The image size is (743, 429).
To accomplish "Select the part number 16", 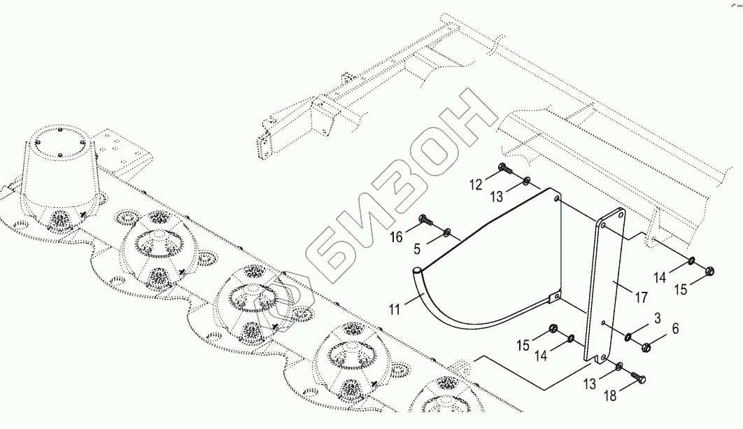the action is (396, 237).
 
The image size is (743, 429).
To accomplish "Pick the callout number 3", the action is (656, 320).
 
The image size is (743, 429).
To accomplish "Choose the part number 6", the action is (674, 329).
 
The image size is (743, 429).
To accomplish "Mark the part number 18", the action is (611, 396).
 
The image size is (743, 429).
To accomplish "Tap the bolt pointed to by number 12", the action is (503, 167).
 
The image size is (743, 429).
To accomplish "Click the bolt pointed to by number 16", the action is (425, 220).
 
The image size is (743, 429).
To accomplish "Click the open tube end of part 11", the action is (418, 269).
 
